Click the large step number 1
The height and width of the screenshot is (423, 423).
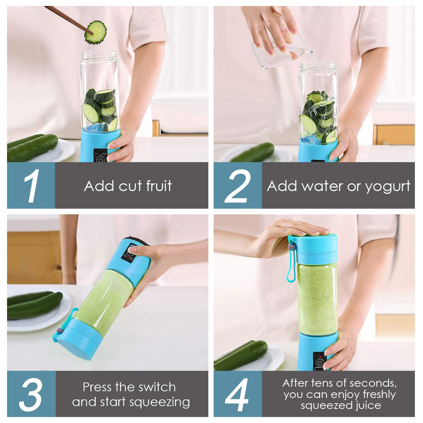click(x=31, y=186)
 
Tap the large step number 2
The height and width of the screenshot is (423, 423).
click(x=238, y=186)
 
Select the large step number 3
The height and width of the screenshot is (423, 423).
click(x=31, y=394)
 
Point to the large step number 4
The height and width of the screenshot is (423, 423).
click(x=238, y=394)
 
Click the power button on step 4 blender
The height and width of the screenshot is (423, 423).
click(x=320, y=362)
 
